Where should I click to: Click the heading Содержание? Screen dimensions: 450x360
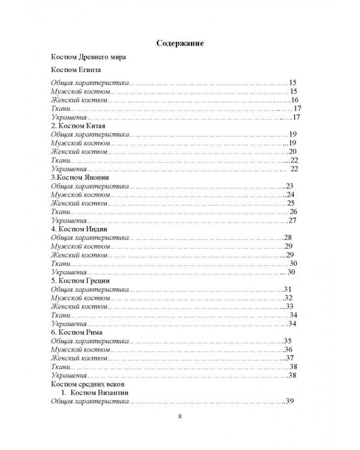tap(180, 43)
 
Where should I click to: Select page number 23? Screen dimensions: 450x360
tap(290, 186)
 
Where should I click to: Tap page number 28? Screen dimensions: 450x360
tap(288, 238)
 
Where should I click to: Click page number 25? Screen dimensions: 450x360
tap(290, 203)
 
